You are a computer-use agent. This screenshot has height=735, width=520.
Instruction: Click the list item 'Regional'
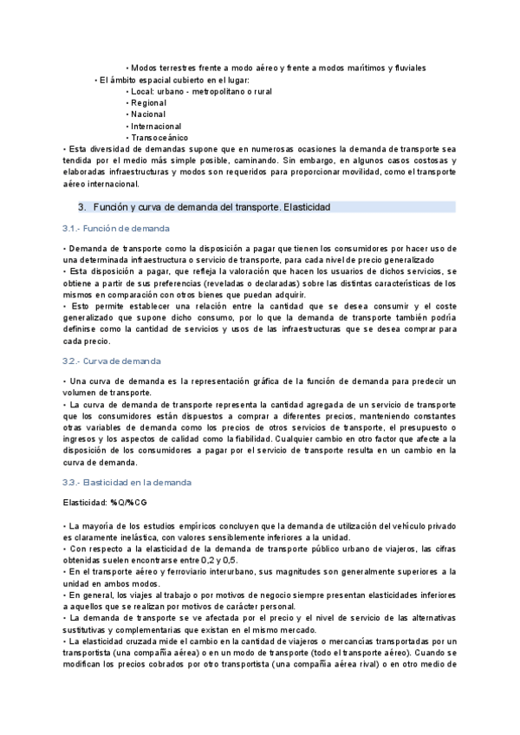click(148, 102)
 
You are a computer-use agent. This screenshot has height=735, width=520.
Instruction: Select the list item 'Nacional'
click(148, 114)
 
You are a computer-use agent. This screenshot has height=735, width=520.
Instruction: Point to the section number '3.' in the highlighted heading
click(82, 207)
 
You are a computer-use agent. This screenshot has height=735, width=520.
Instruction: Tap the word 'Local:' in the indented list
click(141, 91)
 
